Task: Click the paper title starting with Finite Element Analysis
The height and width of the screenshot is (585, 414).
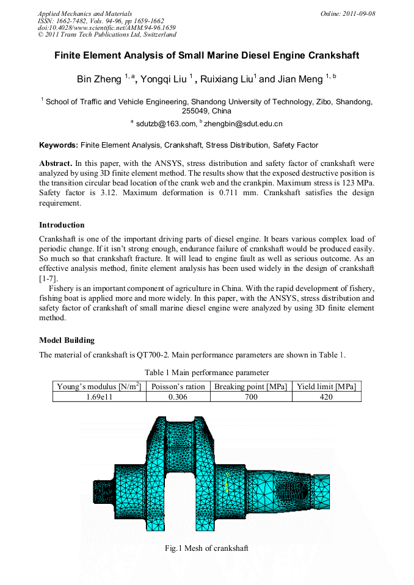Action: pyautogui.click(x=206, y=56)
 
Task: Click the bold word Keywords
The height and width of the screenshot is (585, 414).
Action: pyautogui.click(x=58, y=145)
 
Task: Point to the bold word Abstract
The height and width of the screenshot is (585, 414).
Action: pyautogui.click(x=56, y=163)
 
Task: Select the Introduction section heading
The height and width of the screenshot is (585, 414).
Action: pyautogui.click(x=62, y=224)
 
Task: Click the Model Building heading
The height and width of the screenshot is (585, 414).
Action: pyautogui.click(x=67, y=340)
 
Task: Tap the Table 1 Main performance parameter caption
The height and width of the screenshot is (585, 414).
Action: pyautogui.click(x=206, y=372)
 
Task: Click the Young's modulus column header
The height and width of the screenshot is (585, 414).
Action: pyautogui.click(x=100, y=386)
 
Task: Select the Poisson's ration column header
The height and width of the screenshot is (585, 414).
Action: pyautogui.click(x=178, y=386)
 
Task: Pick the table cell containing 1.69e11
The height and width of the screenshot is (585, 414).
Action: pyautogui.click(x=100, y=397)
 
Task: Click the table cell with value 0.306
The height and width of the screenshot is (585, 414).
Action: pyautogui.click(x=178, y=397)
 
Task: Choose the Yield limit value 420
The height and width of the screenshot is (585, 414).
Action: pyautogui.click(x=326, y=397)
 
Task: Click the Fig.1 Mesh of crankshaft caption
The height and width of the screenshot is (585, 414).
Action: pyautogui.click(x=206, y=548)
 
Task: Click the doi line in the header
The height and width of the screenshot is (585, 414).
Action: pyautogui.click(x=107, y=28)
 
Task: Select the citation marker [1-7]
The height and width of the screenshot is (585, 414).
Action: pyautogui.click(x=48, y=278)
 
